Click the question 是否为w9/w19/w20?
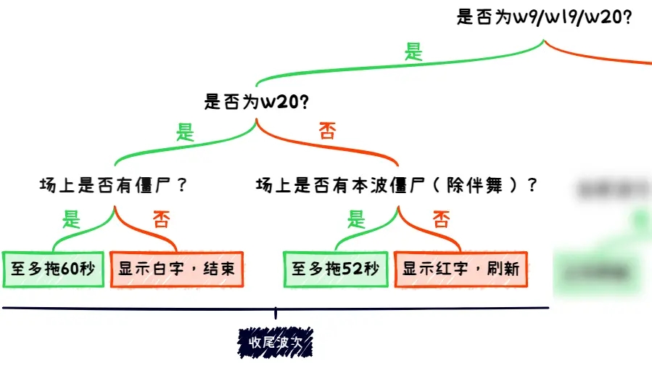544,17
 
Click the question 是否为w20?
257,102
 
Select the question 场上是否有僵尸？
114,185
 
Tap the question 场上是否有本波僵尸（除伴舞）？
397,185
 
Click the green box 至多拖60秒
54,269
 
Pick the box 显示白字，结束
176,269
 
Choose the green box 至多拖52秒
336,269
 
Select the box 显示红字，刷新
461,269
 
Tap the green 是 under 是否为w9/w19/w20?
413,52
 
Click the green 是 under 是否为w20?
186,132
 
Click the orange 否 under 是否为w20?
328,132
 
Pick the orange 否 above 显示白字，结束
160,219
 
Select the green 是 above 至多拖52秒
356,218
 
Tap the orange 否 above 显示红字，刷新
441,219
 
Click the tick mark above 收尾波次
275,312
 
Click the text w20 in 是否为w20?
278,102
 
